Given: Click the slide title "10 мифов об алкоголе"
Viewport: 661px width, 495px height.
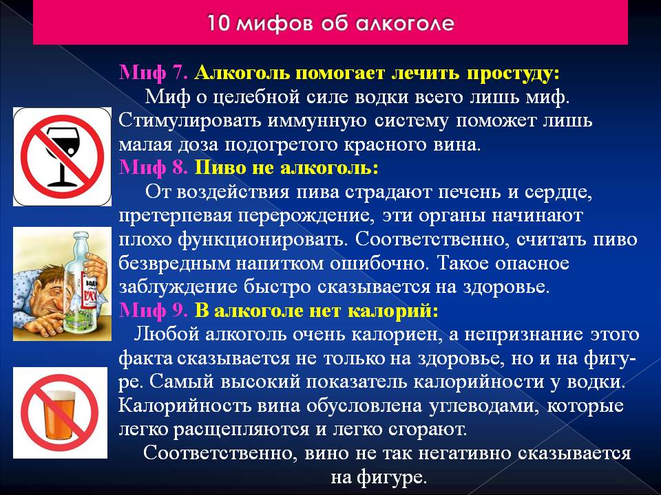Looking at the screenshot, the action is (x=330, y=23).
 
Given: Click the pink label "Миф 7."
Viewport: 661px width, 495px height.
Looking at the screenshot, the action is (x=154, y=73).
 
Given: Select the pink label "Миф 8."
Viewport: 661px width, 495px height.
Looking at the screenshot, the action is (x=154, y=168).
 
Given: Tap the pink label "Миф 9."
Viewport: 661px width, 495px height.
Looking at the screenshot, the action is (x=154, y=311).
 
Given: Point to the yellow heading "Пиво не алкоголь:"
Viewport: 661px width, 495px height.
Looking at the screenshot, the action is (x=286, y=168).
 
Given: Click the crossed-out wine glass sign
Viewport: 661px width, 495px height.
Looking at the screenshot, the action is (x=63, y=157).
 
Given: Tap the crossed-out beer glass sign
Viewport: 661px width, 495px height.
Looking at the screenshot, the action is (x=61, y=412).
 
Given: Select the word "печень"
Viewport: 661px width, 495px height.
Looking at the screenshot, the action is (x=470, y=192).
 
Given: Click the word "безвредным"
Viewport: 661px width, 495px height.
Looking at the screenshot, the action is (x=174, y=264).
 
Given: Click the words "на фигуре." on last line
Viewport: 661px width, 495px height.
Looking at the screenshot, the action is (x=379, y=478).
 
